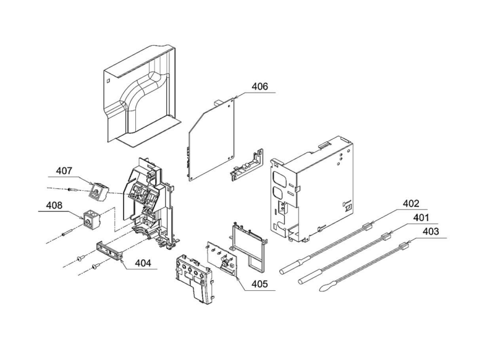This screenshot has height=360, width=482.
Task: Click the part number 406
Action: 260,87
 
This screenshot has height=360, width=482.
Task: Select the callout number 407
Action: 65,171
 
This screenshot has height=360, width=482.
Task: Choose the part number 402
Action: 411,203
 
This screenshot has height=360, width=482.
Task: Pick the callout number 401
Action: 421,218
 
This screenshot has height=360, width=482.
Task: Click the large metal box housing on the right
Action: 313,188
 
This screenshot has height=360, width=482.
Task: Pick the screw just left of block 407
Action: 73,190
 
